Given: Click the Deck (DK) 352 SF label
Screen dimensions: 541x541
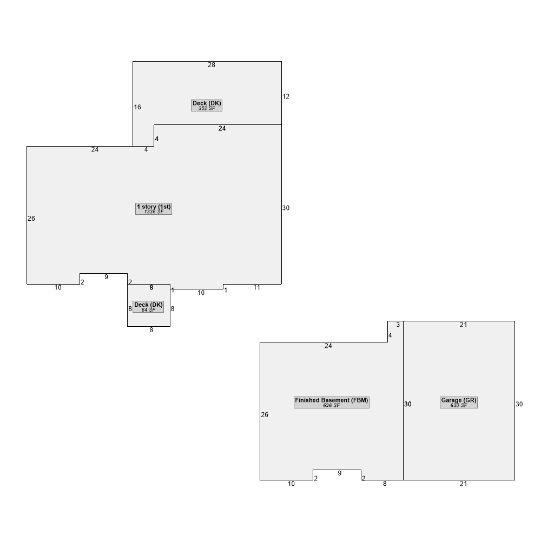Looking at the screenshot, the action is point(207,105).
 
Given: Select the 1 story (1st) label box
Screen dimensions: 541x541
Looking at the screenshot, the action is point(154,209).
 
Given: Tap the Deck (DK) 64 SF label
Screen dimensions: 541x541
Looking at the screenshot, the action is point(148,307).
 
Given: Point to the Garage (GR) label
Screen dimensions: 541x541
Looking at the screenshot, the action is point(459,403).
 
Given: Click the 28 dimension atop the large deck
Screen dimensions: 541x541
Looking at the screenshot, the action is point(212,65).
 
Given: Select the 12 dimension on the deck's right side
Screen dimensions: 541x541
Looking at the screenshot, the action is point(286,97).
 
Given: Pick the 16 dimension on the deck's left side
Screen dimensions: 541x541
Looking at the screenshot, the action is point(137,107).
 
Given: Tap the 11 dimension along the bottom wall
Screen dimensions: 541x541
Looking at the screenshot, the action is point(256,288).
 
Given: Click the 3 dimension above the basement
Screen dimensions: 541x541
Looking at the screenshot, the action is point(398,325).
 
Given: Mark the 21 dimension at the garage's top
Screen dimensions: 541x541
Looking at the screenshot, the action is point(464,325).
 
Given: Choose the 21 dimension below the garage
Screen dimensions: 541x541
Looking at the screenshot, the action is point(464,484).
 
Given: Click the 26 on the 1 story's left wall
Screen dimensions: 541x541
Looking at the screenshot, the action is point(31,219).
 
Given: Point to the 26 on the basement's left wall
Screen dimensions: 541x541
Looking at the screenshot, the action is point(265,415).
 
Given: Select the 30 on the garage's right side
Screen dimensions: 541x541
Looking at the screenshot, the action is point(519,404).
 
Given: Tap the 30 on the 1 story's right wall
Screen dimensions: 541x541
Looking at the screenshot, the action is point(286,208).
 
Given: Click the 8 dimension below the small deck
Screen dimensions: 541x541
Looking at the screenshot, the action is point(151,330).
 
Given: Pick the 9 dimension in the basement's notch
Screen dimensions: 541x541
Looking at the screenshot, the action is point(340,473).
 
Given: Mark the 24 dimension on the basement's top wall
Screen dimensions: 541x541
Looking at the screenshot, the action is point(328,346).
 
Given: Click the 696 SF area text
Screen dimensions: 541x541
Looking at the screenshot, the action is point(332,405).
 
